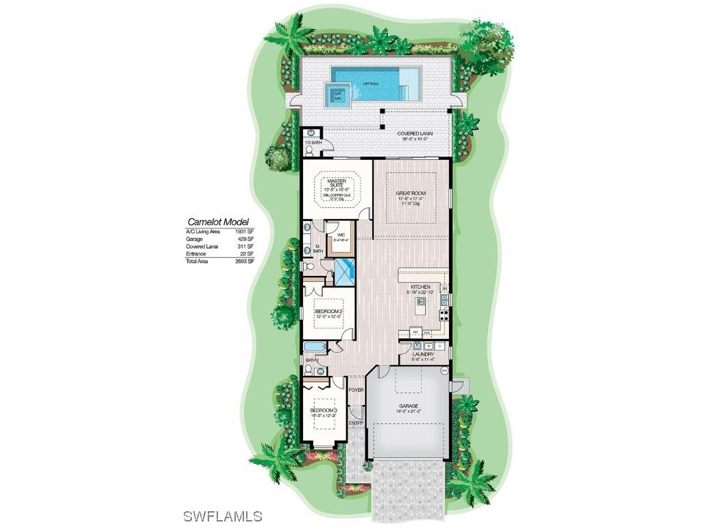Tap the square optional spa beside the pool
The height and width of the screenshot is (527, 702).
point(338,95)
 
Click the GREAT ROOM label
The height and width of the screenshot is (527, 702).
point(411,194)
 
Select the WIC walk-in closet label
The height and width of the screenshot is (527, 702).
point(340,235)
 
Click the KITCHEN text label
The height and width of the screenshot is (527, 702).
point(420,287)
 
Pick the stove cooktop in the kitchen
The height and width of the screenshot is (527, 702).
point(444,316)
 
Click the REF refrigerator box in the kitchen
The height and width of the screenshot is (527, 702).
point(415,331)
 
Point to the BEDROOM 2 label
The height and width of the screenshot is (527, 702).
point(328,311)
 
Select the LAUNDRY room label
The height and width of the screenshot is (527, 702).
point(424,354)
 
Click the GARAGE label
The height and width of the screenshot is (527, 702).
point(409,406)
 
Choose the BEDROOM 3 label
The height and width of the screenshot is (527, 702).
point(324,410)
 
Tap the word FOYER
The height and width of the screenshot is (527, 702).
point(356,390)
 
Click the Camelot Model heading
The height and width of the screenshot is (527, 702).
point(219,222)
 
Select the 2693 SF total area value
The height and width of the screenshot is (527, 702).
point(256,261)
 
